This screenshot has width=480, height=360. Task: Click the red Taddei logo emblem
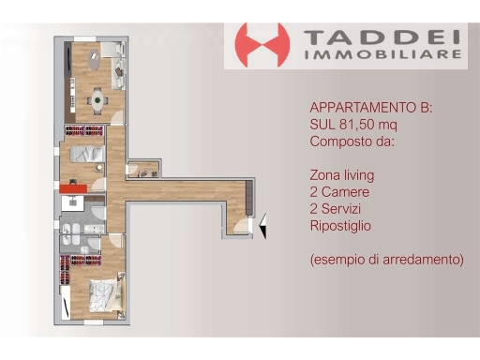[262, 45]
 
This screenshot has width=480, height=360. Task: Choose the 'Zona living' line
[341, 175]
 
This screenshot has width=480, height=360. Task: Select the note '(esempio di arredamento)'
[385, 259]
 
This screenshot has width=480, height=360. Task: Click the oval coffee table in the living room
[96, 64]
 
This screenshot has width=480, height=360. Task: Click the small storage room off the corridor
[142, 169]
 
